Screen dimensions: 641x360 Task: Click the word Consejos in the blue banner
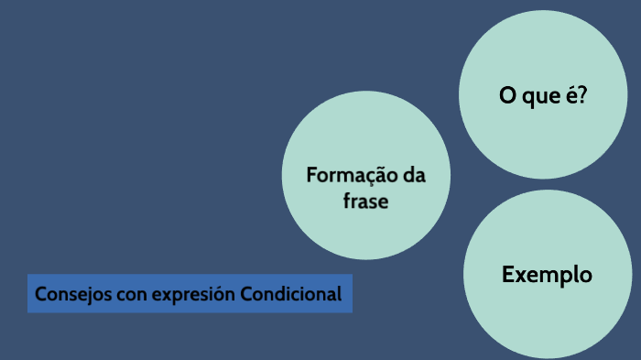click(68, 295)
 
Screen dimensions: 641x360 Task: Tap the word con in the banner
click(117, 295)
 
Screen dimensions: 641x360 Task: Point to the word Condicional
click(291, 295)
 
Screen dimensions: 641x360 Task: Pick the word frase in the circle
click(365, 202)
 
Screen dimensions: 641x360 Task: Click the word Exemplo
click(547, 274)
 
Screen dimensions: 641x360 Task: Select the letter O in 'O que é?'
click(505, 95)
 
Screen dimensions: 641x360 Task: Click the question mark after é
click(582, 95)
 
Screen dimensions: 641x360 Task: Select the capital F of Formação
click(311, 175)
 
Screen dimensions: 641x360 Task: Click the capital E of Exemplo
click(507, 274)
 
